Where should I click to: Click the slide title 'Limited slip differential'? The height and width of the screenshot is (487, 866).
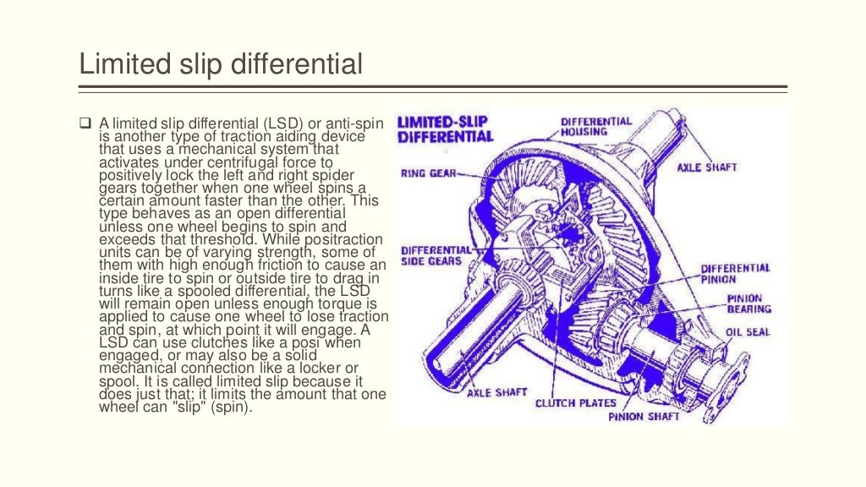point(220,64)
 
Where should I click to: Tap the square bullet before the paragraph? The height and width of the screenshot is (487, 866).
point(85,125)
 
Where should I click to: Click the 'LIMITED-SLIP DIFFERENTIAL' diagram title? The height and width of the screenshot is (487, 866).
point(445,129)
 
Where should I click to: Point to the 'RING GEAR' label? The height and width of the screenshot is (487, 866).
point(427,174)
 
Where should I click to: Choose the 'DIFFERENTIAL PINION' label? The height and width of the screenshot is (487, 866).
point(735,274)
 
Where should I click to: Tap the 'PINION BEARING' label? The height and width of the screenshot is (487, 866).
point(743,304)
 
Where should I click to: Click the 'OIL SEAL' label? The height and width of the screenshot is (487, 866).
point(748,332)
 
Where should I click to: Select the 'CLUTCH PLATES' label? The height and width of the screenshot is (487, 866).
point(576,403)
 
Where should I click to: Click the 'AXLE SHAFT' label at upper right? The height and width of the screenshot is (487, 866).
point(706,167)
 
